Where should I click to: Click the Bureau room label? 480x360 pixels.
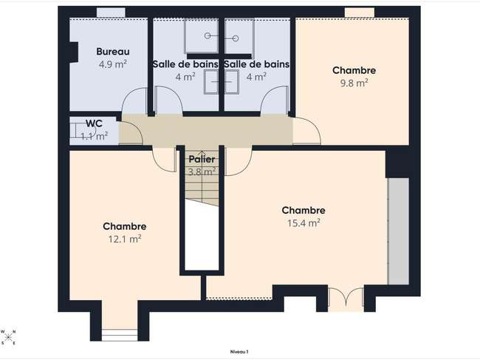coord(113,52)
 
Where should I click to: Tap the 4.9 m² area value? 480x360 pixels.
coord(113,64)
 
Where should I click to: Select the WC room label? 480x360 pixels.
coord(94,123)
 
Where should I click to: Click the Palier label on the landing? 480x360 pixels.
coord(202,160)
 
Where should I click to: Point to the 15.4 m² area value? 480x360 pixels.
coord(304,223)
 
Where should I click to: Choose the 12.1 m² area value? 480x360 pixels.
coord(125,239)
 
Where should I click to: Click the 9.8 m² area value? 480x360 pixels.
coord(354,83)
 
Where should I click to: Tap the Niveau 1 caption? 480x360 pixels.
coord(239,352)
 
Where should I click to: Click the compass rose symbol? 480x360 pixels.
coord(8,337)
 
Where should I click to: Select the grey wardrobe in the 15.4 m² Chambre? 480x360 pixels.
coord(398,231)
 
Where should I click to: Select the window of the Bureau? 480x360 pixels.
coord(111,13)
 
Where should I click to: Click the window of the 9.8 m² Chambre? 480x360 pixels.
coord(360,13)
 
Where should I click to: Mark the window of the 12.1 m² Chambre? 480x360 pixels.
coord(120,335)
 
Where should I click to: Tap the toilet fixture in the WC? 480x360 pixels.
coord(78,130)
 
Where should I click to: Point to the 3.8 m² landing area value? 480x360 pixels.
coord(202,172)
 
